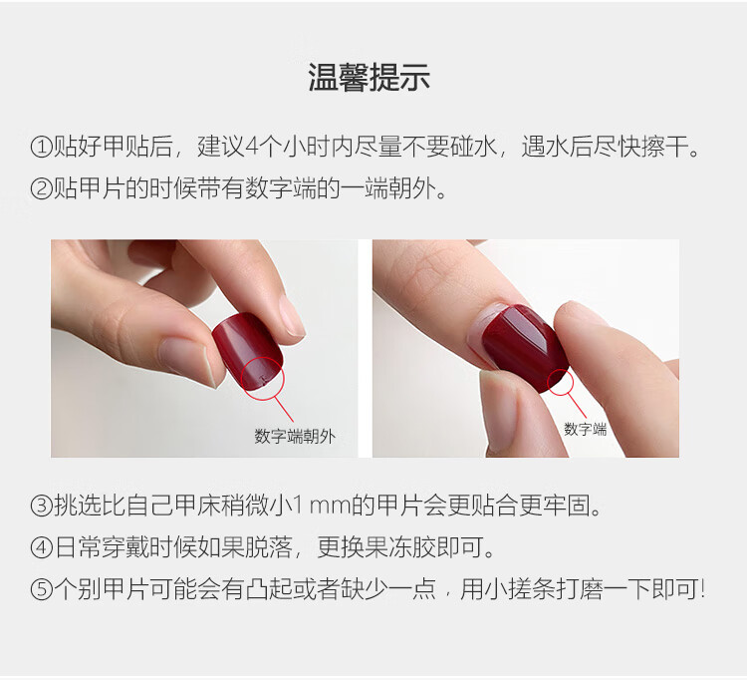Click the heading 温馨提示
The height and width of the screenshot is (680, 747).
[x=369, y=77]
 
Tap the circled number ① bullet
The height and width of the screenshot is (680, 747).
[x=41, y=147]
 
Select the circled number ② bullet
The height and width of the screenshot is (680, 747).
[x=41, y=188]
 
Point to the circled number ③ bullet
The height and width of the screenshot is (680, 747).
[x=41, y=506]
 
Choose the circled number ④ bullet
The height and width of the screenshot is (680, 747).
[x=41, y=547]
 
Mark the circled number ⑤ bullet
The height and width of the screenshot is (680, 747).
[x=41, y=589]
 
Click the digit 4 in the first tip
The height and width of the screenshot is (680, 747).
[x=252, y=147]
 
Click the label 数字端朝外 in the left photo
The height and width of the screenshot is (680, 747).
[x=295, y=436]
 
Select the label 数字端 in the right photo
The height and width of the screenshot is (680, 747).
[x=585, y=429]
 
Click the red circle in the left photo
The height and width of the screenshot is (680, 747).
[x=284, y=380]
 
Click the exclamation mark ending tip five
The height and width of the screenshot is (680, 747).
[x=702, y=589]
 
